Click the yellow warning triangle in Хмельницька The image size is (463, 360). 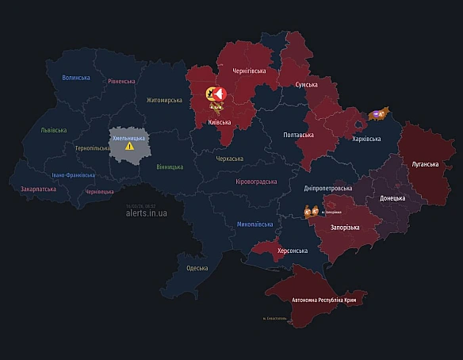click(x=130, y=146)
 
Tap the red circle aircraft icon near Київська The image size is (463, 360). click(x=220, y=94)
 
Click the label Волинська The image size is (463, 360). click(x=76, y=78)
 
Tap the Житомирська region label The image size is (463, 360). click(x=164, y=100)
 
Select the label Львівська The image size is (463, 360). click(x=54, y=129)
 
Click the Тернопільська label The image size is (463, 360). click(x=92, y=147)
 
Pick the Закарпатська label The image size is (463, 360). click(x=37, y=190)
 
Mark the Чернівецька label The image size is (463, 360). click(x=100, y=191)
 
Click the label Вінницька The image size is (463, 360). click(x=170, y=167)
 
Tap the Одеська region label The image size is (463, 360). click(x=197, y=268)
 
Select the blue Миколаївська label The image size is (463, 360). click(x=254, y=224)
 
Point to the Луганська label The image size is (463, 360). click(x=424, y=164)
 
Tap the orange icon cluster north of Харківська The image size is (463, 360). click(x=380, y=114)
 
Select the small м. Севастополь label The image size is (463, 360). click(x=275, y=320)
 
